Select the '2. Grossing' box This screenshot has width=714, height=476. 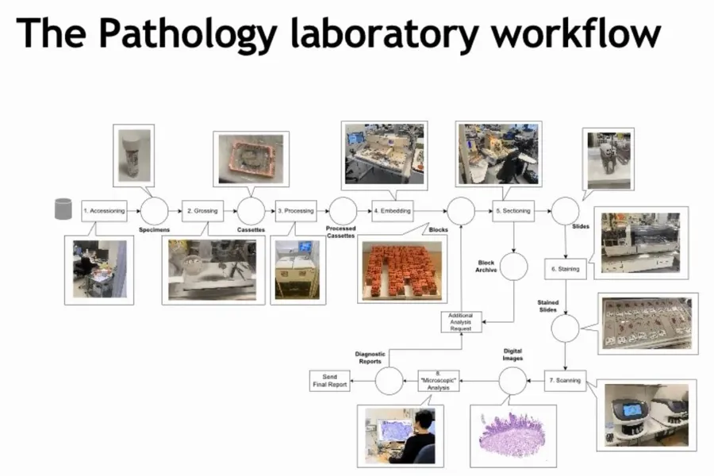(x=202, y=211)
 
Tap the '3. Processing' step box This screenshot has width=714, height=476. (x=295, y=211)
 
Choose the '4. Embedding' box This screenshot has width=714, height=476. (x=392, y=211)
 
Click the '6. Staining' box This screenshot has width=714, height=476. (x=564, y=269)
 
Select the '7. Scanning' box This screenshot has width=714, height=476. (x=564, y=381)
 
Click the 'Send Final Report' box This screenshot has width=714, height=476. (x=328, y=381)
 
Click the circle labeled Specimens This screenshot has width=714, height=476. (x=154, y=211)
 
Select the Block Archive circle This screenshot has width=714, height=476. (x=513, y=267)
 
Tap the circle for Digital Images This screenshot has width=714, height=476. (x=513, y=382)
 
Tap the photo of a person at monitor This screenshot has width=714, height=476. (x=401, y=435)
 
